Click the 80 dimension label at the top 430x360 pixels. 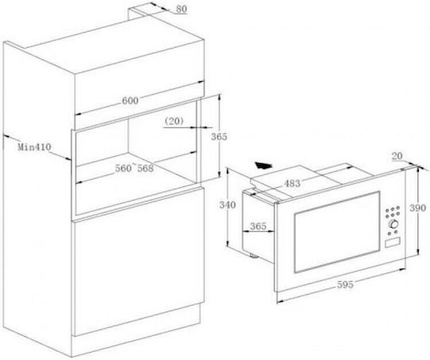(182, 9)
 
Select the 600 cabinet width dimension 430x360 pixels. (130, 100)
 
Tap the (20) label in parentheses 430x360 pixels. (174, 121)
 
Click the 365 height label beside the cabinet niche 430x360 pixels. (219, 136)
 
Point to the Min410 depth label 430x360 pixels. (34, 147)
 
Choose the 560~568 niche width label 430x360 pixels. (134, 168)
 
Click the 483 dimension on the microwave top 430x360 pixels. (292, 183)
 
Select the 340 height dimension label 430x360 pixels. (227, 205)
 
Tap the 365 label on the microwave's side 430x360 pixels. (258, 226)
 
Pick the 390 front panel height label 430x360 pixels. (418, 208)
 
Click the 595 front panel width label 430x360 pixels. (346, 284)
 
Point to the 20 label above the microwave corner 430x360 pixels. (397, 156)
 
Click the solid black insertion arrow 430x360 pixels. (264, 166)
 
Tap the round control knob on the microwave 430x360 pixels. (393, 224)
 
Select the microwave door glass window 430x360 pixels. (337, 232)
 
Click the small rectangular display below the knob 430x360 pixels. (392, 243)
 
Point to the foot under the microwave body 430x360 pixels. (253, 256)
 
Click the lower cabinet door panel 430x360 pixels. (138, 261)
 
